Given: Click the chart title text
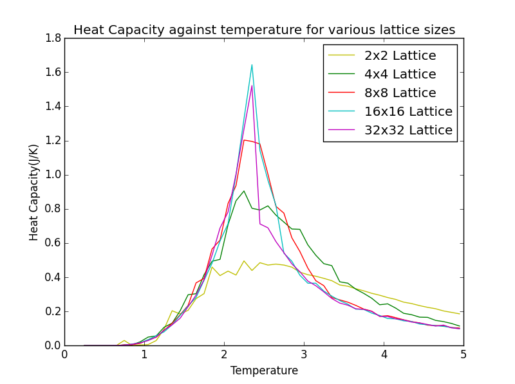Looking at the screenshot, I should [264, 30].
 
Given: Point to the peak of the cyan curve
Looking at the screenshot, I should [252, 64].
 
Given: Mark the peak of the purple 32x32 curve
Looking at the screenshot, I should [252, 86].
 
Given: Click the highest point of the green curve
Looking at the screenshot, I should [244, 191].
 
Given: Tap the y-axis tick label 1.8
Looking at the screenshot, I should [53, 39].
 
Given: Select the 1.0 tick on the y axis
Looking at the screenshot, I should [53, 175].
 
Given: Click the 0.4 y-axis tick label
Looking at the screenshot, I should [53, 277].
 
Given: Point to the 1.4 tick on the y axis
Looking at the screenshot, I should [53, 107].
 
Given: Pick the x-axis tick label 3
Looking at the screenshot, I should [304, 354].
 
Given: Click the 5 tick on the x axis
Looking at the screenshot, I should [463, 354].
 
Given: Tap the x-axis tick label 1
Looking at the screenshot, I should [144, 354].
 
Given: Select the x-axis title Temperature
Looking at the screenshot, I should [264, 370].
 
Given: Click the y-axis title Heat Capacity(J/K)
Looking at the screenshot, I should [33, 192].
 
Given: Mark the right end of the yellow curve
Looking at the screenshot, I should [460, 314].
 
